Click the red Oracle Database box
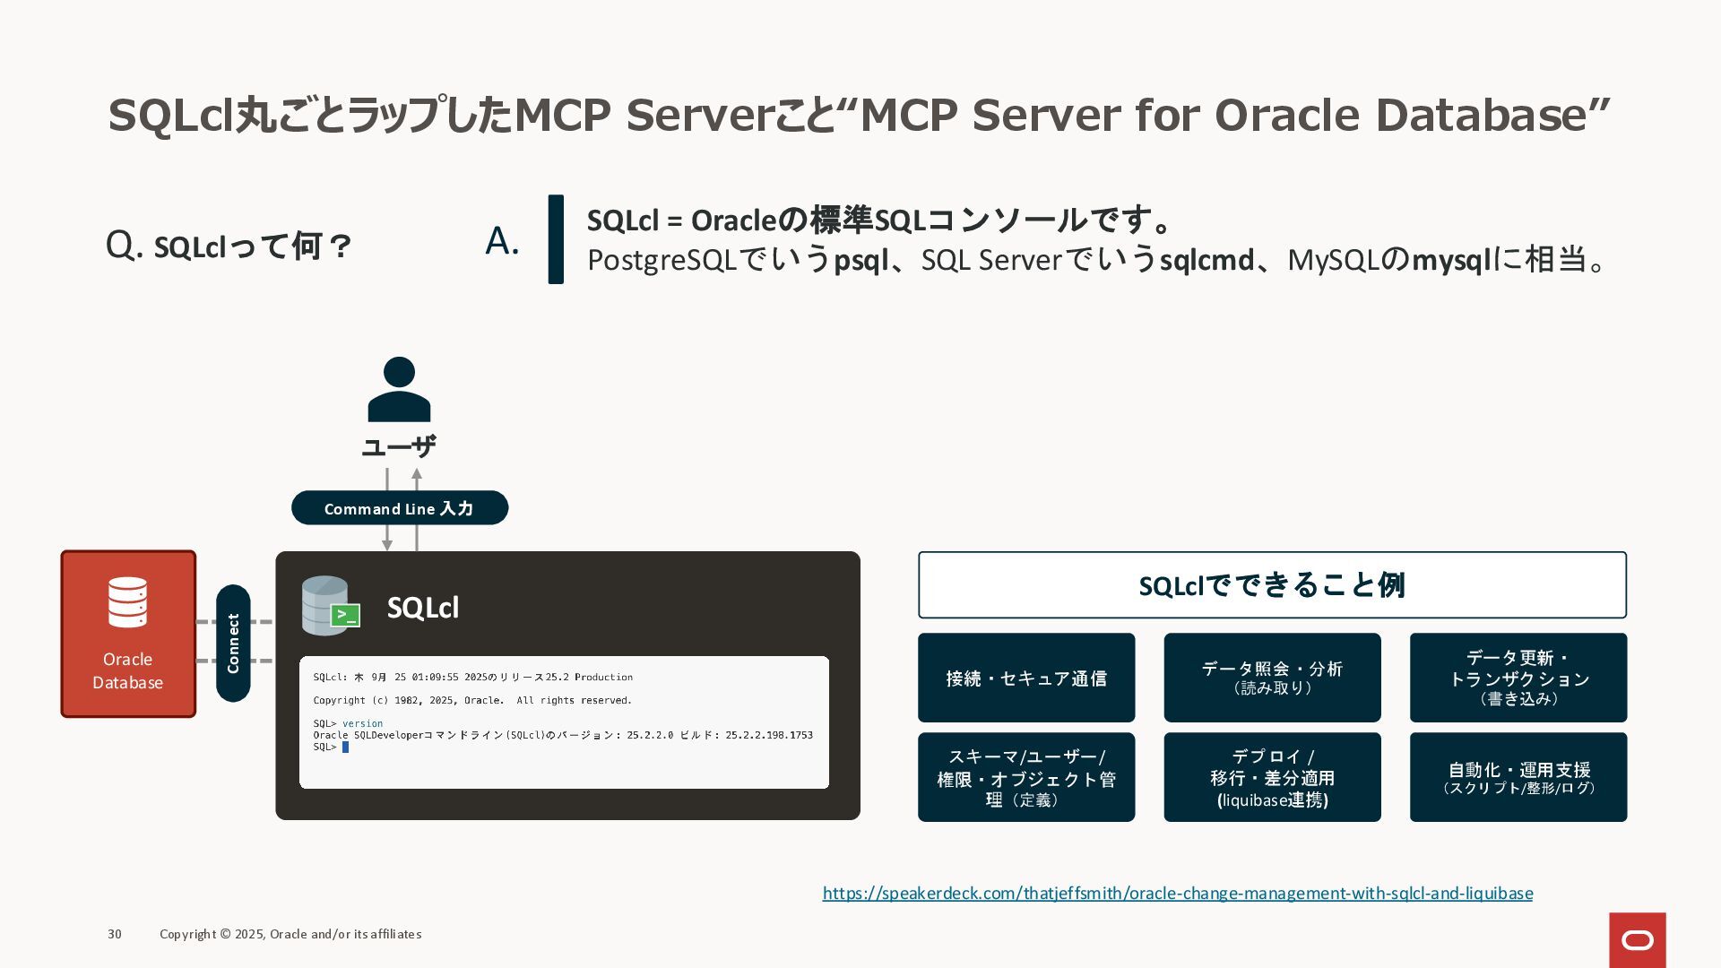click(128, 634)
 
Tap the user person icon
click(399, 390)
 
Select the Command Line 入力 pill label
click(399, 508)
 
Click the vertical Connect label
click(233, 643)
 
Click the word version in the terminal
click(362, 723)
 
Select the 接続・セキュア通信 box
click(1026, 678)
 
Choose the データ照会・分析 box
click(1272, 678)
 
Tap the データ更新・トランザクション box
click(1518, 678)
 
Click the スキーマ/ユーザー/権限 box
click(1026, 777)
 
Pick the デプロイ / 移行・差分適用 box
click(1272, 777)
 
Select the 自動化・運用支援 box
click(1518, 777)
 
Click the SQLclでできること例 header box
click(1272, 585)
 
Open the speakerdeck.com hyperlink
click(1177, 893)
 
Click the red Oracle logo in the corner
click(1637, 939)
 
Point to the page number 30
click(115, 934)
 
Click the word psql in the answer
click(860, 260)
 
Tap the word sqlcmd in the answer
click(1206, 260)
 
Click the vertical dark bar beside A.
click(556, 239)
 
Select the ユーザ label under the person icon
click(399, 446)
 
